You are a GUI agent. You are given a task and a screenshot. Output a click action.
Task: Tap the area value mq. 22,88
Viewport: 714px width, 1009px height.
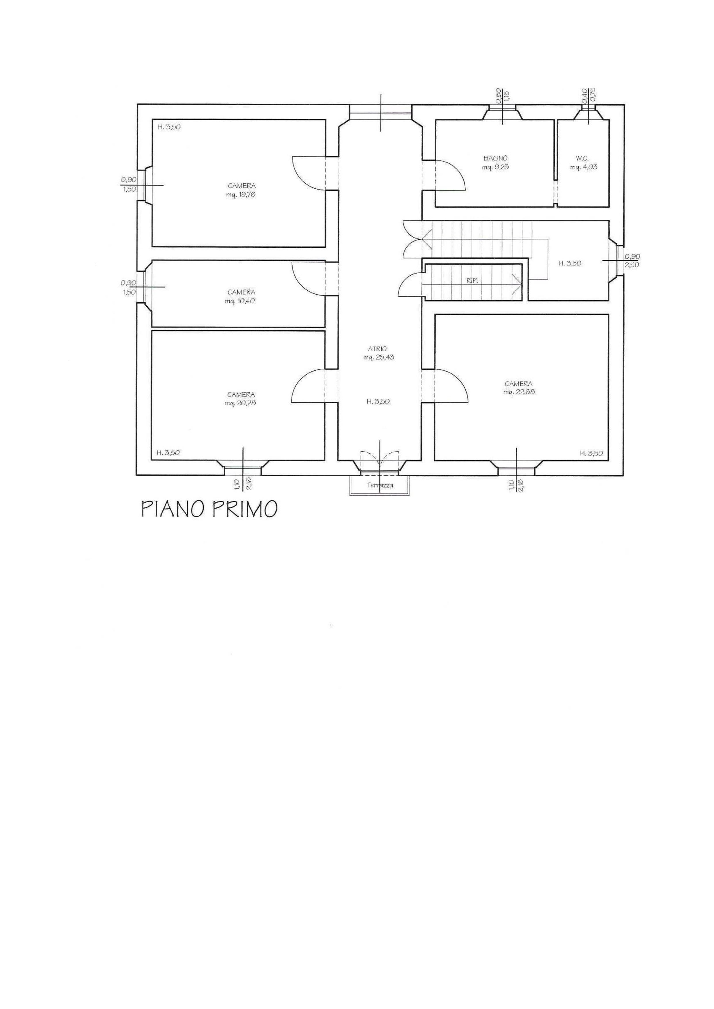[519, 392]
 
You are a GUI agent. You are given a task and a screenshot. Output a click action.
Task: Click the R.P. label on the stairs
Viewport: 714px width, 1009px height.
[473, 281]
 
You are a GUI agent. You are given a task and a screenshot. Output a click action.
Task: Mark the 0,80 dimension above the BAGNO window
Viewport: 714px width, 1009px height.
[498, 96]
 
